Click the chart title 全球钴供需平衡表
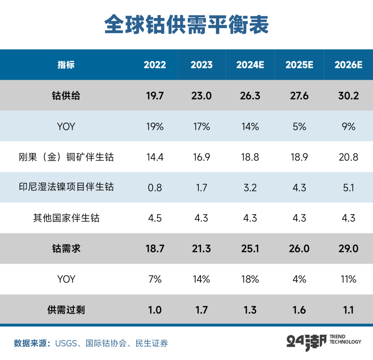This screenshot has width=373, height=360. tap(186, 25)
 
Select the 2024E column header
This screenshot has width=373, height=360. tap(250, 65)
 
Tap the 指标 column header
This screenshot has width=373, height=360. tap(66, 65)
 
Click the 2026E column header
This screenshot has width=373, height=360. tap(348, 65)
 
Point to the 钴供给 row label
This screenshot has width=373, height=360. tap(66, 96)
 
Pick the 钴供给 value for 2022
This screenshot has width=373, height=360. tap(155, 96)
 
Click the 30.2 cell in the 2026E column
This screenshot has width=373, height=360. tap(348, 96)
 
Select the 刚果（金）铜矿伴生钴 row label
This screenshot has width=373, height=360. tap(66, 157)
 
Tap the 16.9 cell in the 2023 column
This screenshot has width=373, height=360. tap(201, 157)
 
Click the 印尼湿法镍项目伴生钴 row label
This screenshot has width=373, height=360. tap(66, 187)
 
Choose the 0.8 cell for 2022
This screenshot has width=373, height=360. tap(155, 187)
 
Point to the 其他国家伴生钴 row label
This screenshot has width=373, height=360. tap(66, 218)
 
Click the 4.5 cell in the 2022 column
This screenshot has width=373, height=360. tap(155, 218)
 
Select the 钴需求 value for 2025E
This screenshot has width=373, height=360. tap(299, 248)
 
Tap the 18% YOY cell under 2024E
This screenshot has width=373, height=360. tap(250, 279)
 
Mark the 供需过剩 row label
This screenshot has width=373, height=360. tap(66, 310)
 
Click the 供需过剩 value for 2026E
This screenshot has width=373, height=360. tap(348, 310)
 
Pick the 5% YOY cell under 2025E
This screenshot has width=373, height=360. tap(299, 126)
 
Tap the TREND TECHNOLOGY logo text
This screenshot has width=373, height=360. tap(345, 339)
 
